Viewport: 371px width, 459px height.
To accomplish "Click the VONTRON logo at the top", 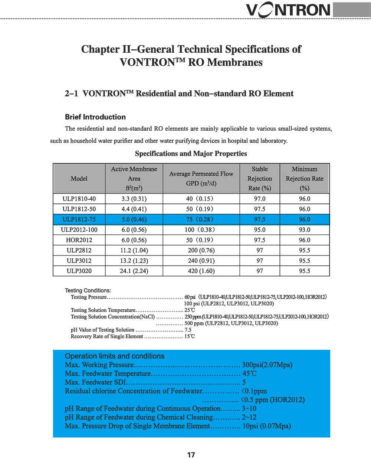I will click(x=288, y=10).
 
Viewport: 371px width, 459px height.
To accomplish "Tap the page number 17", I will click(x=191, y=455).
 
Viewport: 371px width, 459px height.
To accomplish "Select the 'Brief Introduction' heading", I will click(x=95, y=117).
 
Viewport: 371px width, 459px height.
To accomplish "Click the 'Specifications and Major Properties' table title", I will click(x=191, y=153).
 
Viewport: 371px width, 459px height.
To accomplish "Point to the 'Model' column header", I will click(x=79, y=179).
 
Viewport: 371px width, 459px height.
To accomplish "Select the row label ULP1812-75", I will click(x=79, y=219).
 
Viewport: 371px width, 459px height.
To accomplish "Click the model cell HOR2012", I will click(x=79, y=240).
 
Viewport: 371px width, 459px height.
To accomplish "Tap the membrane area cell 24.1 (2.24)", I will click(x=134, y=271).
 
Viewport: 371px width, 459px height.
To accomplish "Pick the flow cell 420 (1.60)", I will click(x=201, y=271).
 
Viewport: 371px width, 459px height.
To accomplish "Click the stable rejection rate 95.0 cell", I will click(x=260, y=230).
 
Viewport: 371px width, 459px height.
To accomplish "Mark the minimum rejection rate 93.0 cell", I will click(x=305, y=230).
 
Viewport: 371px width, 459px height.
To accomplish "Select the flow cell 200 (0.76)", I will click(x=201, y=251).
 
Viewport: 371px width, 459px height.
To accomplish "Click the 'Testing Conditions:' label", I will click(x=88, y=290).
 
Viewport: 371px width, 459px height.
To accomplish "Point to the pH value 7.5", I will click(x=188, y=330).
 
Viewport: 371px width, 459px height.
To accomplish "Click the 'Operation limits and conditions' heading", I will click(x=115, y=356).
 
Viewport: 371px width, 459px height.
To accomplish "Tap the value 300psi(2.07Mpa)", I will click(x=267, y=365).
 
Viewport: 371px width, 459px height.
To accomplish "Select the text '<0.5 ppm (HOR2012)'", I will click(x=273, y=400).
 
